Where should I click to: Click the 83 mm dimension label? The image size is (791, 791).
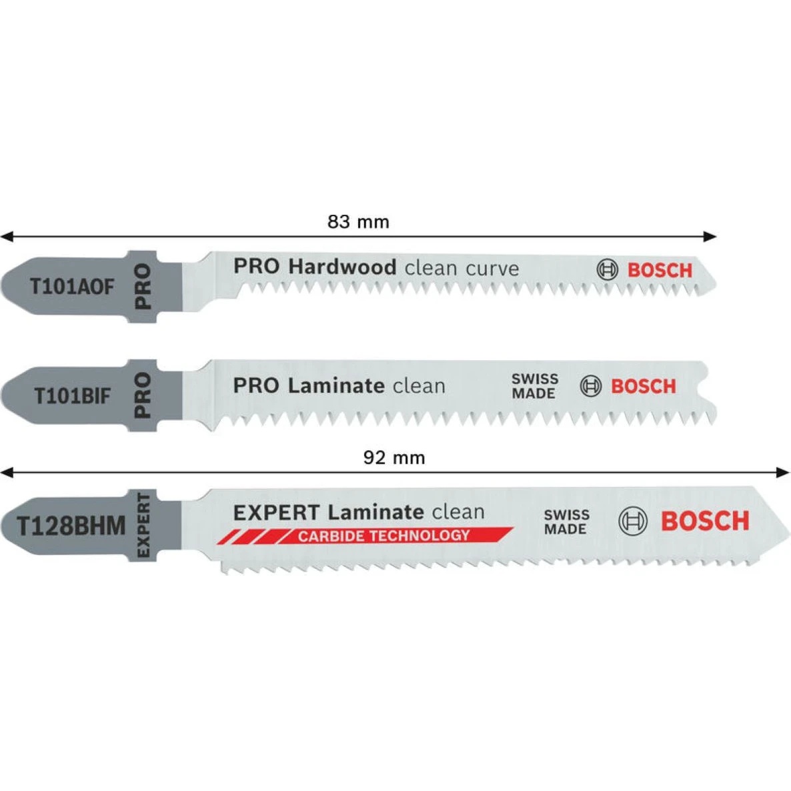[358, 222]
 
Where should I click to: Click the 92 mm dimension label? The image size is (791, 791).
[394, 458]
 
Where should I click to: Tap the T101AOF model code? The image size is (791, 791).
[72, 287]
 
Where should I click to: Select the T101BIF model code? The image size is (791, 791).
[71, 396]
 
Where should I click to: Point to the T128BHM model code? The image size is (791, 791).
[71, 526]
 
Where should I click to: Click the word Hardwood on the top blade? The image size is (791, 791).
[342, 267]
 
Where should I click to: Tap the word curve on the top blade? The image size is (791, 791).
[492, 269]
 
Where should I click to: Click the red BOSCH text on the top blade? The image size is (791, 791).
[660, 270]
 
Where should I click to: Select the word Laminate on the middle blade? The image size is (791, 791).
[337, 386]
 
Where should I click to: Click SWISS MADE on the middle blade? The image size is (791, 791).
[535, 386]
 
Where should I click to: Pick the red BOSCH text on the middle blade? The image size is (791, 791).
[643, 387]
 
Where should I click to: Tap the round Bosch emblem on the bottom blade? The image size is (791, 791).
[632, 521]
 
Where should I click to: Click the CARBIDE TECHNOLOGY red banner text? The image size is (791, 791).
[383, 536]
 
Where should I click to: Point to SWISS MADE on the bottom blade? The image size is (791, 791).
[566, 522]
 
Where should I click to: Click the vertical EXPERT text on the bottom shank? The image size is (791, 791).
[143, 526]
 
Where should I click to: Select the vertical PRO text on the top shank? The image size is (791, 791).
[143, 286]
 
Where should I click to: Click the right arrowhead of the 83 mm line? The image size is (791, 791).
[710, 236]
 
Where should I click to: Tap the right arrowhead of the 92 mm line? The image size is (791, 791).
[783, 472]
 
